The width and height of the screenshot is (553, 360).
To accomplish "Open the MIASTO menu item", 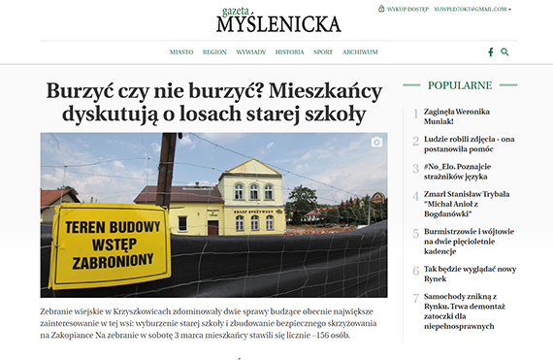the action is [181, 51].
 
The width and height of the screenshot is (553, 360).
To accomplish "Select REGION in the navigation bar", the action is [215, 51].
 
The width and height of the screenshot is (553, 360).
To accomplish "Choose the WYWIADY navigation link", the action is [251, 51].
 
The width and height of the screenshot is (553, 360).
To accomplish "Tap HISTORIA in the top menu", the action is [289, 51].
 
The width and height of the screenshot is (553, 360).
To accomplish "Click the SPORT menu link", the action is [323, 51].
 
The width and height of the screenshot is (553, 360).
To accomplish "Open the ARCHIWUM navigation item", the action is [360, 51].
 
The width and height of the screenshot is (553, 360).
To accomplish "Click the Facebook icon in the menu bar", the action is [491, 51].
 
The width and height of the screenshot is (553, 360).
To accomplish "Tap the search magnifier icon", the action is [504, 51].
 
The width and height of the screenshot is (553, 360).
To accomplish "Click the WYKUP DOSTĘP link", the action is [407, 9].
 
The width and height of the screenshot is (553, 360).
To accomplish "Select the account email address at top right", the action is [473, 9].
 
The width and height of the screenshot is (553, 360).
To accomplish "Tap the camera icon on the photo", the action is [376, 143].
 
